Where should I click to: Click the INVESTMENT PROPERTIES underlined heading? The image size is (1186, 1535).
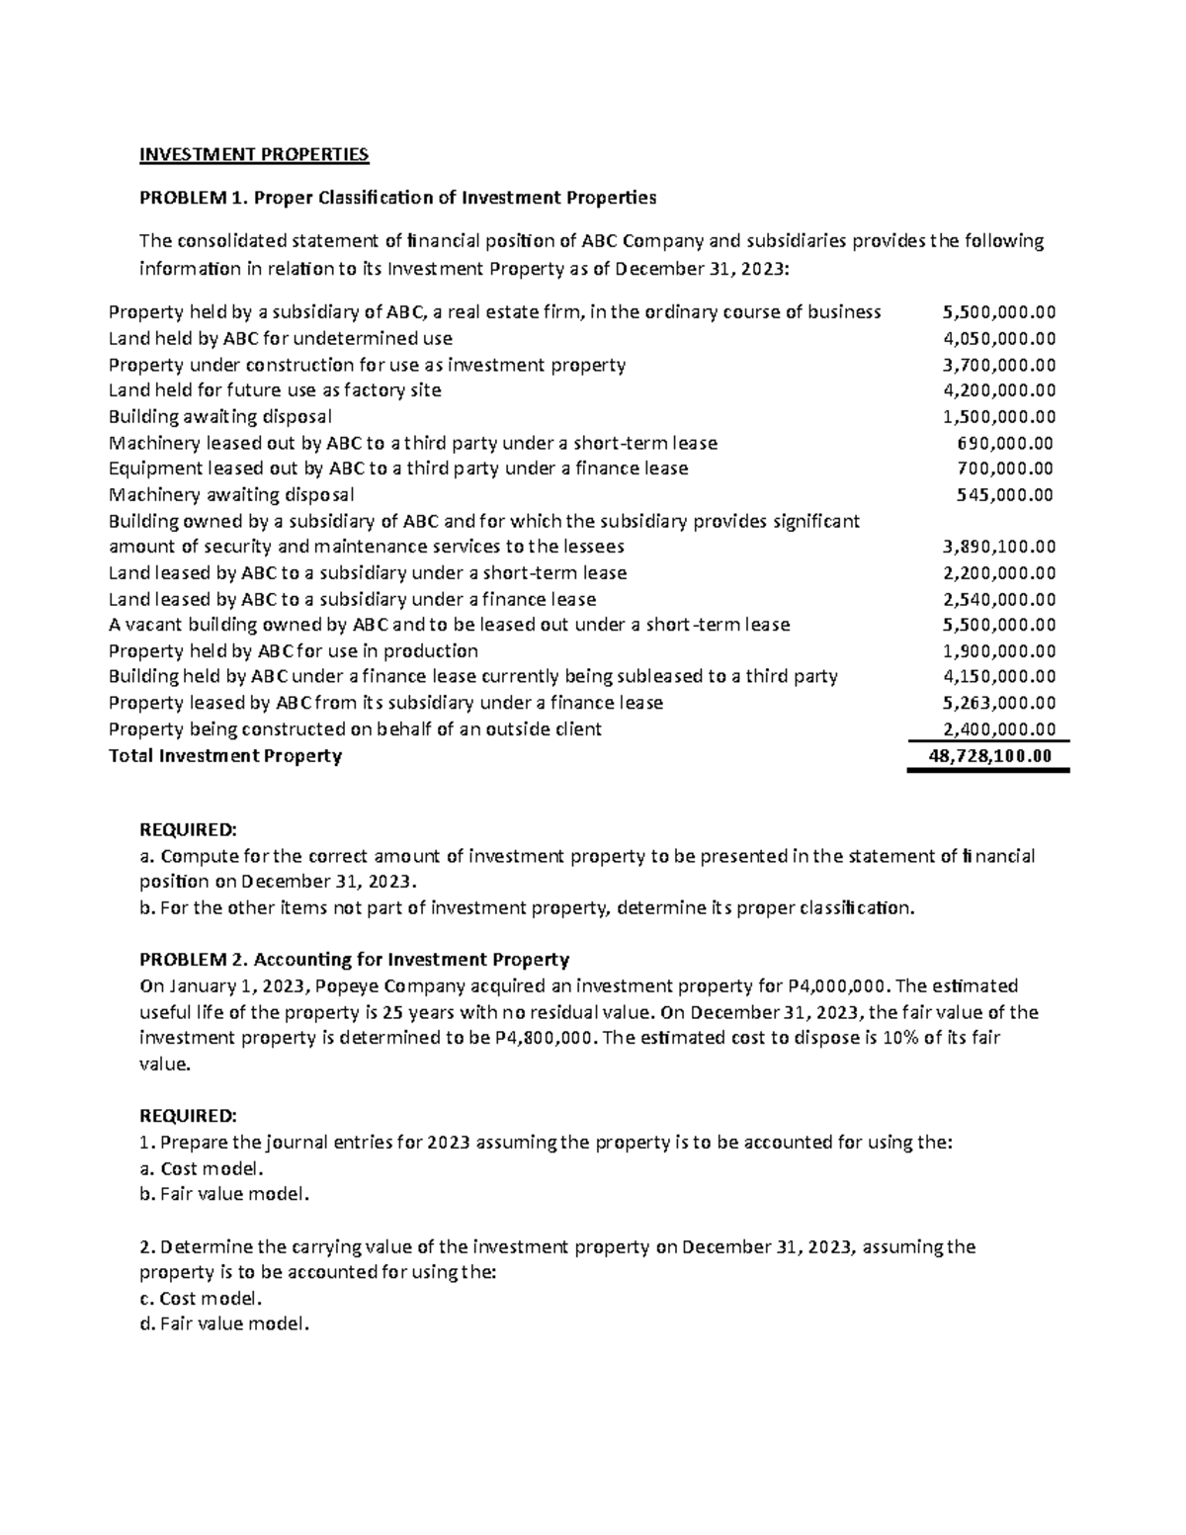[x=254, y=154]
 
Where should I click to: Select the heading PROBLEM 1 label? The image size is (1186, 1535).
[x=192, y=198]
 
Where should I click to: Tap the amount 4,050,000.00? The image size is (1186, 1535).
[x=999, y=338]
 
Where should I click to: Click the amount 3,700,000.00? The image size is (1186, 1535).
[x=999, y=365]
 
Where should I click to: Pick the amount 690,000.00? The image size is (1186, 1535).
[x=1006, y=443]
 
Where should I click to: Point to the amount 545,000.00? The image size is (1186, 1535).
[x=1006, y=494]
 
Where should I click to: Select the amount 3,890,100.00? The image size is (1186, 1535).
[x=999, y=547]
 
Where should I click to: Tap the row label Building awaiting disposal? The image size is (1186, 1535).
[x=219, y=416]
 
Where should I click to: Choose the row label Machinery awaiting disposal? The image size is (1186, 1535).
[x=230, y=494]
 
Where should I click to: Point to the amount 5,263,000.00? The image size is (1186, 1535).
[x=999, y=703]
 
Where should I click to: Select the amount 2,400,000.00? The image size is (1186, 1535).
[x=999, y=729]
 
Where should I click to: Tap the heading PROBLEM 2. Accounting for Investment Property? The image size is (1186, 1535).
[x=355, y=960]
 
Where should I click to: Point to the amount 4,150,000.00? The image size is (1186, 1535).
[x=999, y=677]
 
